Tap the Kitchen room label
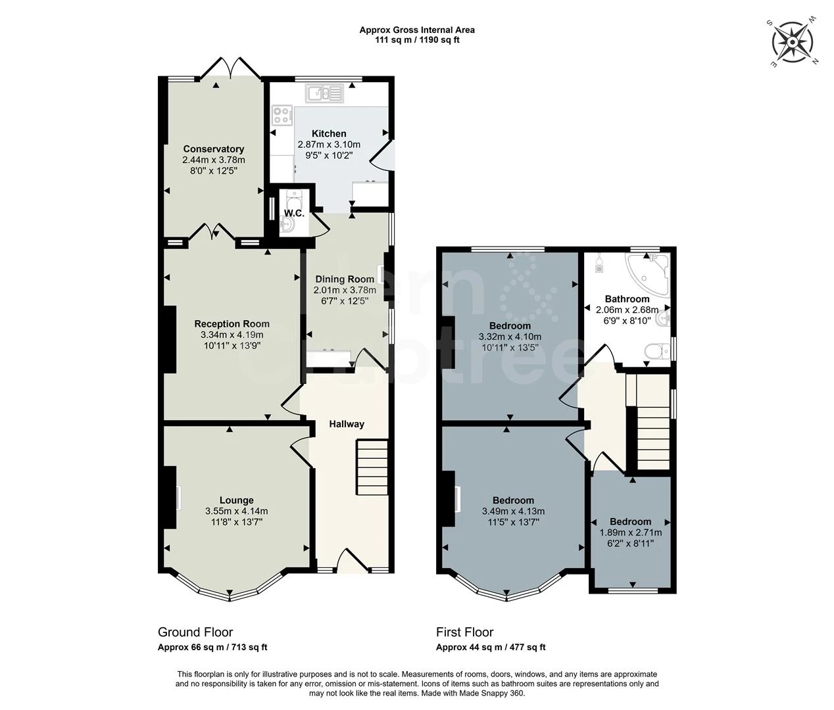click(329, 133)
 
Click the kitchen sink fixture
click(325, 93)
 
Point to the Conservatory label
click(214, 149)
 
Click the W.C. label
click(293, 214)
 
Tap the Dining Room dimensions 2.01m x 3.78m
click(345, 290)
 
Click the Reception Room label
click(232, 323)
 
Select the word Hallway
click(347, 424)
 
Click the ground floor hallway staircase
click(372, 467)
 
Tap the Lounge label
click(236, 500)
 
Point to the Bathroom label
click(627, 299)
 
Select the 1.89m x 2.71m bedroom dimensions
click(630, 532)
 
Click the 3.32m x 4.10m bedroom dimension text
click(510, 337)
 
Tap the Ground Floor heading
click(195, 632)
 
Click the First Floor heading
click(464, 632)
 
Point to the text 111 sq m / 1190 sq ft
click(416, 40)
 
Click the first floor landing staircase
click(653, 434)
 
